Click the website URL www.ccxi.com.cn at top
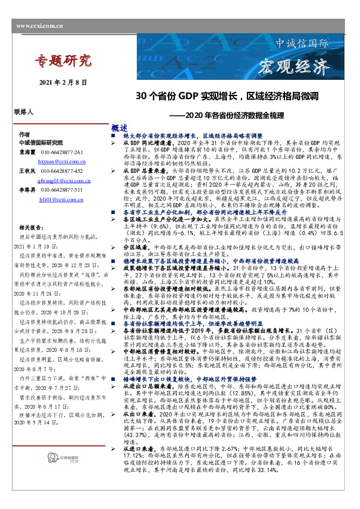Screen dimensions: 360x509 point(40,26)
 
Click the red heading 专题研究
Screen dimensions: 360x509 point(63,60)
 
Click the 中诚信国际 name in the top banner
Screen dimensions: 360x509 point(302,44)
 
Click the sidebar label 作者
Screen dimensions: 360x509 point(24,134)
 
